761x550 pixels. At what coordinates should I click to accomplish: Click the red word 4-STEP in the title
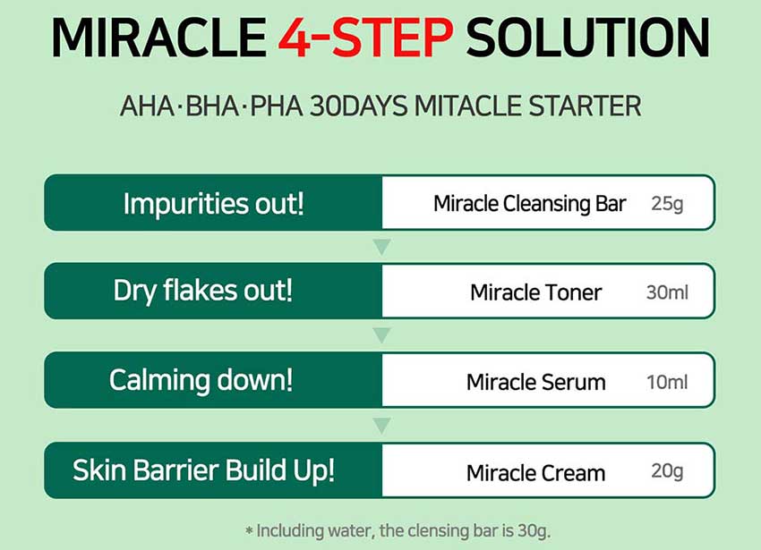pyautogui.click(x=365, y=38)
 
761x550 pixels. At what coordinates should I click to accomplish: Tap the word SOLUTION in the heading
pyautogui.click(x=587, y=38)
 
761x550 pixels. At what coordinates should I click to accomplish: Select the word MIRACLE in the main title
pyautogui.click(x=158, y=38)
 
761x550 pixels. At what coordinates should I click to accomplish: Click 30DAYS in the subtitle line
pyautogui.click(x=358, y=106)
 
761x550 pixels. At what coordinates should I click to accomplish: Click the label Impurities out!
pyautogui.click(x=214, y=203)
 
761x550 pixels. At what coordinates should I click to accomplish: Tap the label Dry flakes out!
pyautogui.click(x=203, y=291)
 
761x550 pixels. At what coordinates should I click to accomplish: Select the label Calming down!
pyautogui.click(x=201, y=380)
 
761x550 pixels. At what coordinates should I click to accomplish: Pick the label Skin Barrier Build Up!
pyautogui.click(x=204, y=470)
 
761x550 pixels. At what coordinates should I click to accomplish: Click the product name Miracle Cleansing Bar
pyautogui.click(x=529, y=204)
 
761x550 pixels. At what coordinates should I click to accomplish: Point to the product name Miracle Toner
pyautogui.click(x=535, y=292)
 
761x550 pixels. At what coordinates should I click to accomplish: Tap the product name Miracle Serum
pyautogui.click(x=535, y=382)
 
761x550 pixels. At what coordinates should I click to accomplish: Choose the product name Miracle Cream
pyautogui.click(x=535, y=473)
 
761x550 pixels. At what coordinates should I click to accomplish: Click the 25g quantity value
pyautogui.click(x=667, y=204)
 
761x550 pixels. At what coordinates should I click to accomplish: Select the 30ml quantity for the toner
pyautogui.click(x=667, y=292)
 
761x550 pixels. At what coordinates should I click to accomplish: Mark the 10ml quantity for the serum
pyautogui.click(x=667, y=382)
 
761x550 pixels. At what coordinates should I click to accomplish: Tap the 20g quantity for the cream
pyautogui.click(x=667, y=471)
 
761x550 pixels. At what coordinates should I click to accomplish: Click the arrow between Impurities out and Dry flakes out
pyautogui.click(x=382, y=247)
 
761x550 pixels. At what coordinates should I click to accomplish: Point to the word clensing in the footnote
pyautogui.click(x=440, y=530)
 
